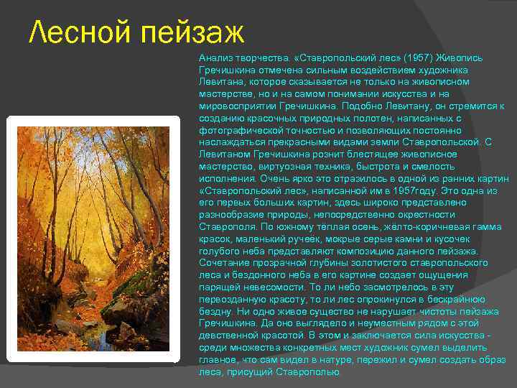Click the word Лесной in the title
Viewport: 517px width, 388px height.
78,32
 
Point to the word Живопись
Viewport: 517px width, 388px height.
450,55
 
